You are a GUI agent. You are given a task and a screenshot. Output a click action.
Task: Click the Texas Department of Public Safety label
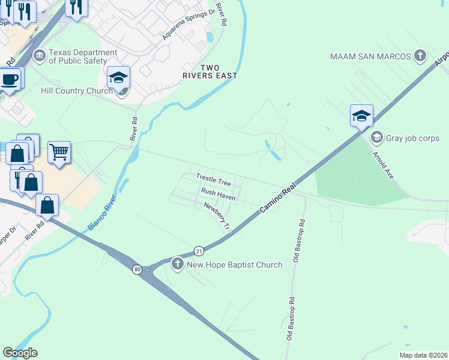83,56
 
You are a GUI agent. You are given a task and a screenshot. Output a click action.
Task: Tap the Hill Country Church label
76,91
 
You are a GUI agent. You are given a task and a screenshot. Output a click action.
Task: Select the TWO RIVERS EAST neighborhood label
210,71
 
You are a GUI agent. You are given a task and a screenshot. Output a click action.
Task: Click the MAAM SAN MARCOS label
370,56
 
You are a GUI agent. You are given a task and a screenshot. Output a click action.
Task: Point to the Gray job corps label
414,138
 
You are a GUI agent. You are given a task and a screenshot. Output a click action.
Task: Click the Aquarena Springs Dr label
188,25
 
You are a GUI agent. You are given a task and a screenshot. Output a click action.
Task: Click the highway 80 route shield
137,269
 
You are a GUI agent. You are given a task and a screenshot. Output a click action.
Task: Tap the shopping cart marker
59,152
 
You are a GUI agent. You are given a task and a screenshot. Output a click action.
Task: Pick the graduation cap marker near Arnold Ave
362,115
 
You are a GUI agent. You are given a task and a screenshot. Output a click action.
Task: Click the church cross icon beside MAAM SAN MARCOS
420,56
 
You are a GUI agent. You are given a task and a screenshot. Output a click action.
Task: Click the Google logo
20,353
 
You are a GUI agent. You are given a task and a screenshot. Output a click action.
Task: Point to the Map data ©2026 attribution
423,355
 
